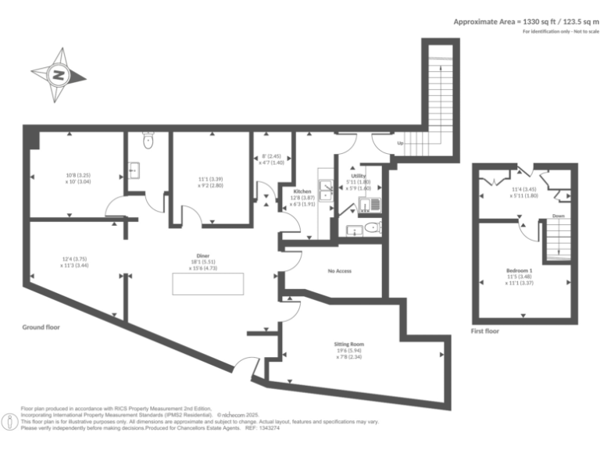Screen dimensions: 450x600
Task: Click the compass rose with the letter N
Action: point(59,76)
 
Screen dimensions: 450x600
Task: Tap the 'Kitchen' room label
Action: point(302,191)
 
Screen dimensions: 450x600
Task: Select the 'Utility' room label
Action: point(359,176)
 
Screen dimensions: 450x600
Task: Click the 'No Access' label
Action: point(339,271)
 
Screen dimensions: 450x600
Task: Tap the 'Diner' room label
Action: point(202,255)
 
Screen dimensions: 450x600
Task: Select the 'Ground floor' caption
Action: point(41,327)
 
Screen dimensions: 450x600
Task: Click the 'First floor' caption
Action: point(484,331)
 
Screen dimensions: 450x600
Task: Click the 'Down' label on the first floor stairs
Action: point(558,216)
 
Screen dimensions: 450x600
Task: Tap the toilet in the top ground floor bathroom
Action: point(148,141)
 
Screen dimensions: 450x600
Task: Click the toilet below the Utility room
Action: point(373,228)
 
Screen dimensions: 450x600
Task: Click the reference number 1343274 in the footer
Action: point(268,428)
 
